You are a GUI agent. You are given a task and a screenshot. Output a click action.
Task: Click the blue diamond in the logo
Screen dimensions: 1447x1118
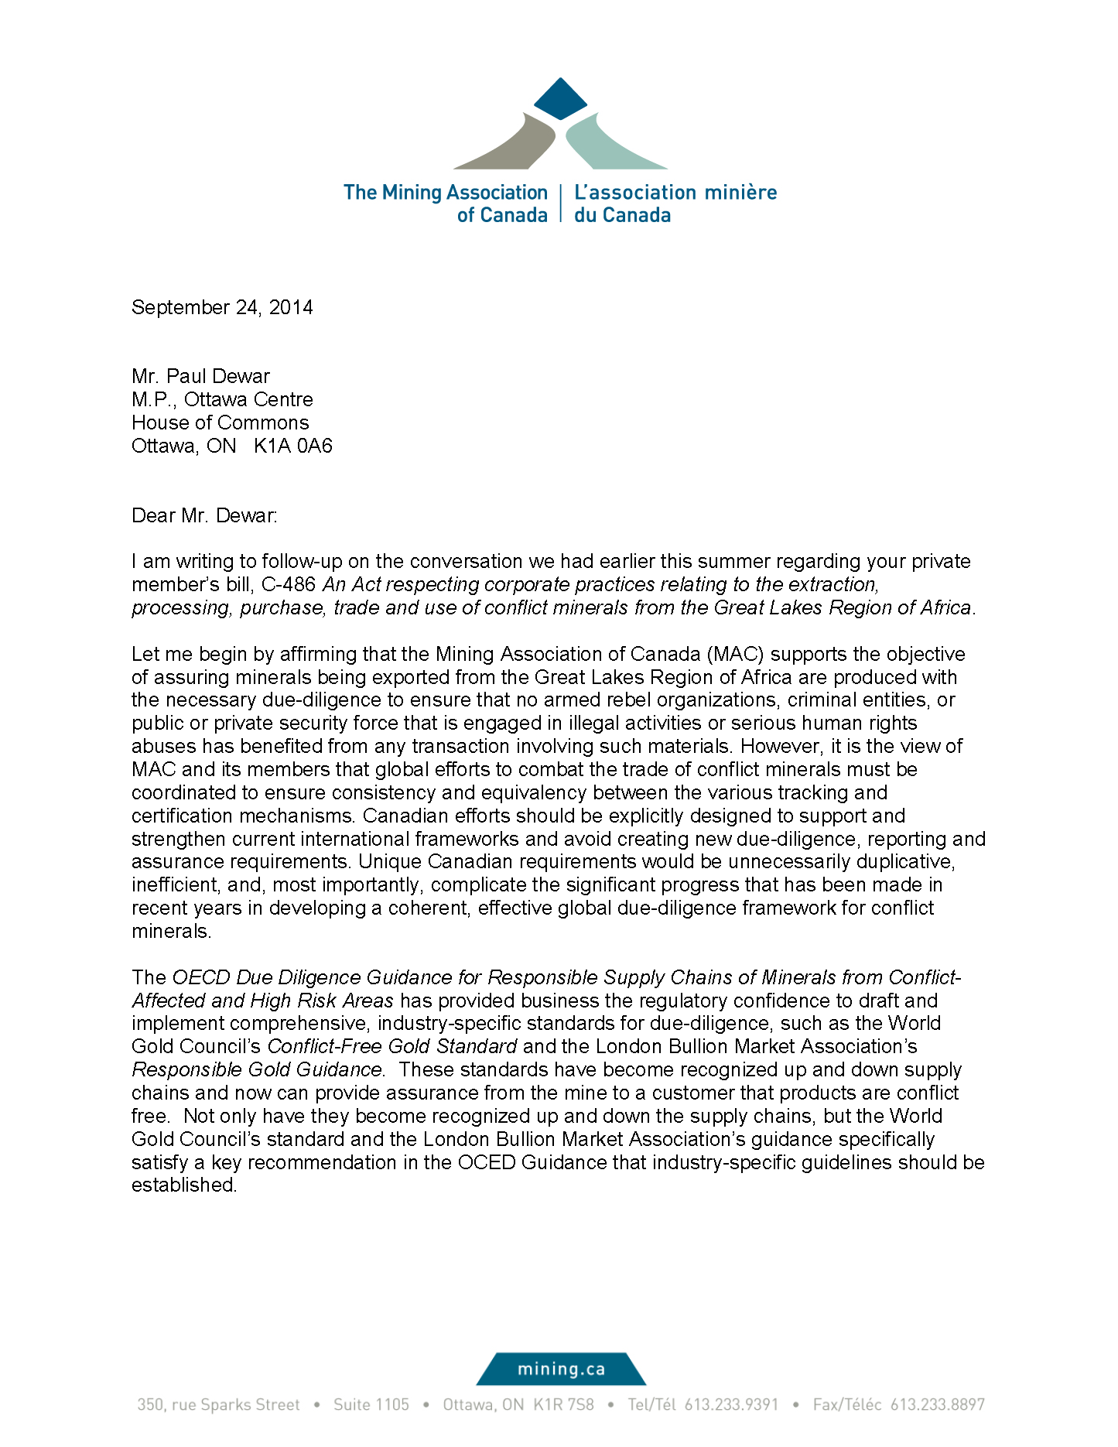coord(560,98)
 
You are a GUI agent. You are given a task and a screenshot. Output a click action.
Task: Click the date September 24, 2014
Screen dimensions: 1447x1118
coord(222,307)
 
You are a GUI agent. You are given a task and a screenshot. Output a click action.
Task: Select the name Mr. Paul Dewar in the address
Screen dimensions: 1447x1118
coord(200,376)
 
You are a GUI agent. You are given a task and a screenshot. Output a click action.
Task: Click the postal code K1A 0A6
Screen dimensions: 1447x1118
coord(292,446)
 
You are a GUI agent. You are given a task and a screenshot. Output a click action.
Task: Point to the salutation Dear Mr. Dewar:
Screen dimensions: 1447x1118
coord(204,515)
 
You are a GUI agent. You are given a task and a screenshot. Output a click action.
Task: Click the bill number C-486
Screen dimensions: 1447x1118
coord(289,584)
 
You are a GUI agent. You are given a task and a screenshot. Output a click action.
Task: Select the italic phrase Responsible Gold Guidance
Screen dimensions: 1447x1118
coord(257,1069)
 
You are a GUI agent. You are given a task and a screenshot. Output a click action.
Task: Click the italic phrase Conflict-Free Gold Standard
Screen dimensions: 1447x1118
coord(391,1046)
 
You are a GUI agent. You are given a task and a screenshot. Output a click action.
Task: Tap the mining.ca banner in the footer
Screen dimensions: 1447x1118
coord(560,1369)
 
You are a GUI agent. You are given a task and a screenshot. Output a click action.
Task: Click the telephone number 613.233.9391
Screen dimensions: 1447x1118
coord(731,1404)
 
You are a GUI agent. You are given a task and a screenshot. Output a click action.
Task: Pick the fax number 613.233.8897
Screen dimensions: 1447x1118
coord(937,1404)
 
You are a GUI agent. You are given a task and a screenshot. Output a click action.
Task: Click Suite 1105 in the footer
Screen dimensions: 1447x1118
coord(371,1404)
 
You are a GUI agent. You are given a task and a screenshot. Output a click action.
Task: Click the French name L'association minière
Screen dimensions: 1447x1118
coord(675,192)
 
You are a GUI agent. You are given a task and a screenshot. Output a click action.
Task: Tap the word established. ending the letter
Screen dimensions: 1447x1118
coord(184,1185)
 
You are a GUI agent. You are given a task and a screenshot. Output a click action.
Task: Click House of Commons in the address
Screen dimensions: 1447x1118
coord(220,422)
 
